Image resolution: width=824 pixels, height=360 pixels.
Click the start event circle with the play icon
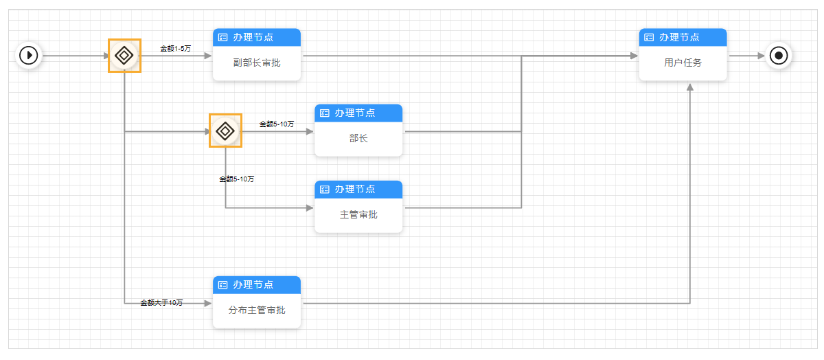[29, 55]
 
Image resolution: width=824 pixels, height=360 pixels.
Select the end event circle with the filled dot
[779, 55]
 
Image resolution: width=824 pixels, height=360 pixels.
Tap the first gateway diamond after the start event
[124, 55]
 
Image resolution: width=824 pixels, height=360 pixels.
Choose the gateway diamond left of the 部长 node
[225, 131]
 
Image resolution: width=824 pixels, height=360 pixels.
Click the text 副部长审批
[257, 63]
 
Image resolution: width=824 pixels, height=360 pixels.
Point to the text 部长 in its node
[358, 139]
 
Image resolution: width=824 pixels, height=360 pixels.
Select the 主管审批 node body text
[358, 215]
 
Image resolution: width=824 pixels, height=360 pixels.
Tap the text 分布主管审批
[257, 311]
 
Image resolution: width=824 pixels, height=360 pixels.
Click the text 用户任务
[683, 63]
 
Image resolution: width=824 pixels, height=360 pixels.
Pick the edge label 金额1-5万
[176, 48]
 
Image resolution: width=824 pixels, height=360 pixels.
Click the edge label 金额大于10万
[161, 303]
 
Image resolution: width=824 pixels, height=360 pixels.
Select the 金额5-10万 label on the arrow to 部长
[277, 124]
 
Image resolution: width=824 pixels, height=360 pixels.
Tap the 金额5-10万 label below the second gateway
[237, 179]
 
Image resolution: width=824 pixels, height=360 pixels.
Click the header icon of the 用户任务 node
[649, 38]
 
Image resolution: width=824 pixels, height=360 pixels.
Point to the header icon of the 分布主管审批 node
[222, 285]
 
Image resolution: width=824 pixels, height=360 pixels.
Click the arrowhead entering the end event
[761, 55]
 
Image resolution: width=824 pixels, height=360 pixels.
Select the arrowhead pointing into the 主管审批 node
[310, 207]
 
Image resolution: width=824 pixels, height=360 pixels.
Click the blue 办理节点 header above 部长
[358, 113]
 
